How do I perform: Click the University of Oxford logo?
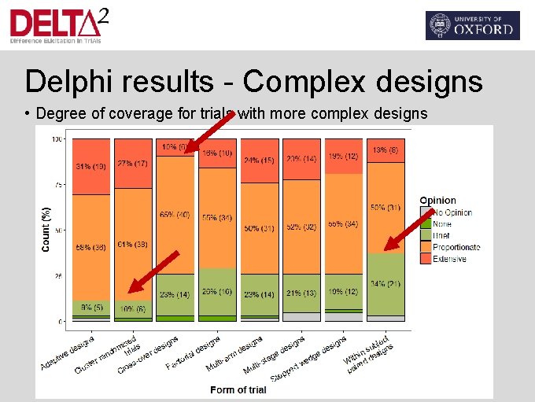click(x=472, y=25)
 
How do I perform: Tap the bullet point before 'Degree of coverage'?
click(x=28, y=114)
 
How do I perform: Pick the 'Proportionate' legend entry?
click(x=456, y=247)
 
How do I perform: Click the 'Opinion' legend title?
click(x=437, y=201)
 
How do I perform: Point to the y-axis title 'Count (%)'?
click(x=46, y=230)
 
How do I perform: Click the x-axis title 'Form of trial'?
click(x=238, y=389)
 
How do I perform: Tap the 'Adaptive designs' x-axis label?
click(x=68, y=352)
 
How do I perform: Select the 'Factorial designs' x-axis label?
click(x=193, y=353)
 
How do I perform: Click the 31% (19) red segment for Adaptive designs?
click(x=90, y=166)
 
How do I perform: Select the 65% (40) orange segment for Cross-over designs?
click(x=175, y=214)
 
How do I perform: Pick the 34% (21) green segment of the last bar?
click(x=386, y=283)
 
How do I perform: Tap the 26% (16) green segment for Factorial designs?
click(x=217, y=291)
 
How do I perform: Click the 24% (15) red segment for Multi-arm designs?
click(x=260, y=160)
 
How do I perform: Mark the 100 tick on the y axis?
click(x=57, y=140)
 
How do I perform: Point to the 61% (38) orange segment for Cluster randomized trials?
click(x=132, y=244)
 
